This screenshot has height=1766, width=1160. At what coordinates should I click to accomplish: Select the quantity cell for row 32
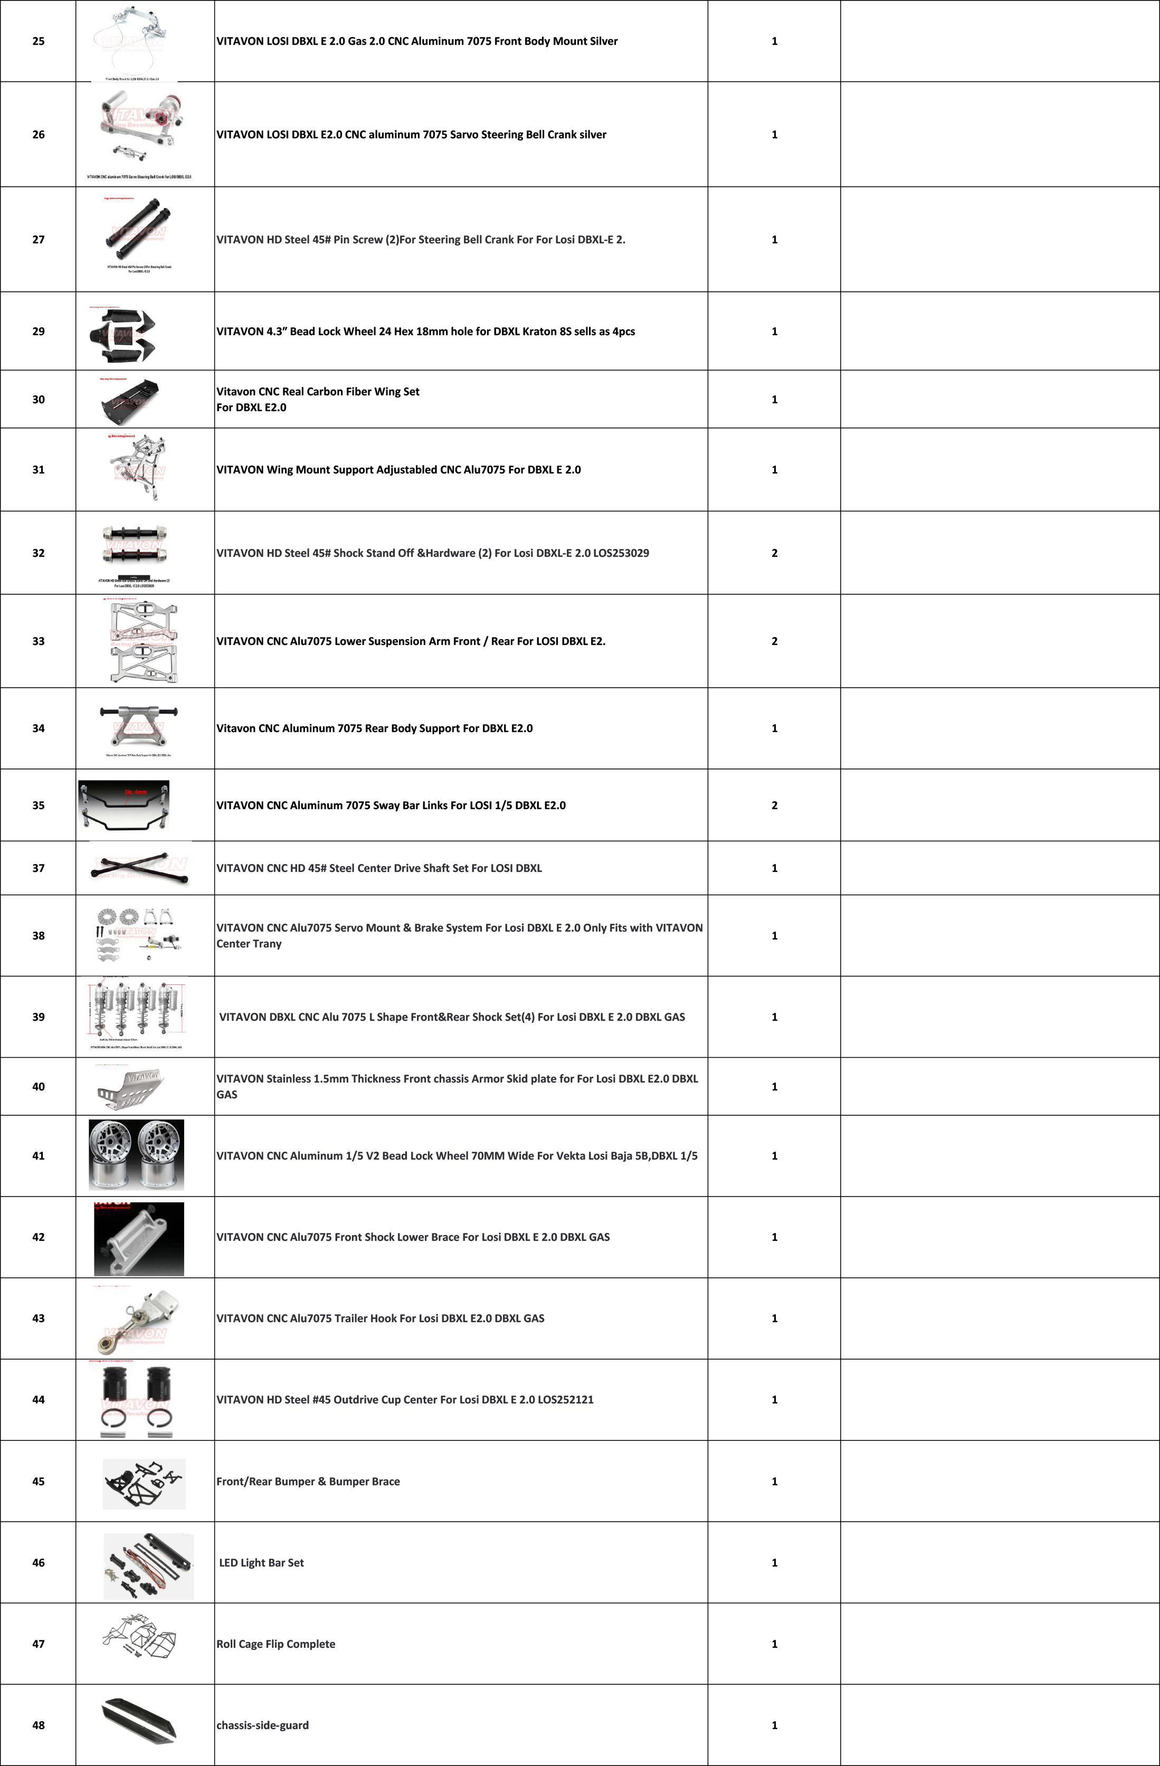[x=774, y=553]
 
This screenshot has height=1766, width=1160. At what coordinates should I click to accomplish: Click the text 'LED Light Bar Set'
[x=261, y=1563]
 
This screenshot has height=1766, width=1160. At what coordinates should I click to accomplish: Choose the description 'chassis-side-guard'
[x=263, y=1725]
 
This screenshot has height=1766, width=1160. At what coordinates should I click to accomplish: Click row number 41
[x=39, y=1155]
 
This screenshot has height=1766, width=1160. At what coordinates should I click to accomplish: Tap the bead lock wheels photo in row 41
[x=137, y=1155]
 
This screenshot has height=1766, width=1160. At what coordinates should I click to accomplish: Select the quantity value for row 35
[x=774, y=805]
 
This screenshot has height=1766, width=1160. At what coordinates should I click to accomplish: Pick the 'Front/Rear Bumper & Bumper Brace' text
[x=308, y=1481]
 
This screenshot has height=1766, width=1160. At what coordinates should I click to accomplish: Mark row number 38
[x=39, y=936]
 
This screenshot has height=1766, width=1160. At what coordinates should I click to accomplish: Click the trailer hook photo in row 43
[x=134, y=1318]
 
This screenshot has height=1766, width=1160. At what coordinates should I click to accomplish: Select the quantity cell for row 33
[x=774, y=641]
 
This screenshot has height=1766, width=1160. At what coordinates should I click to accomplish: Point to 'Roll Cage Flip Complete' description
[x=276, y=1644]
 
